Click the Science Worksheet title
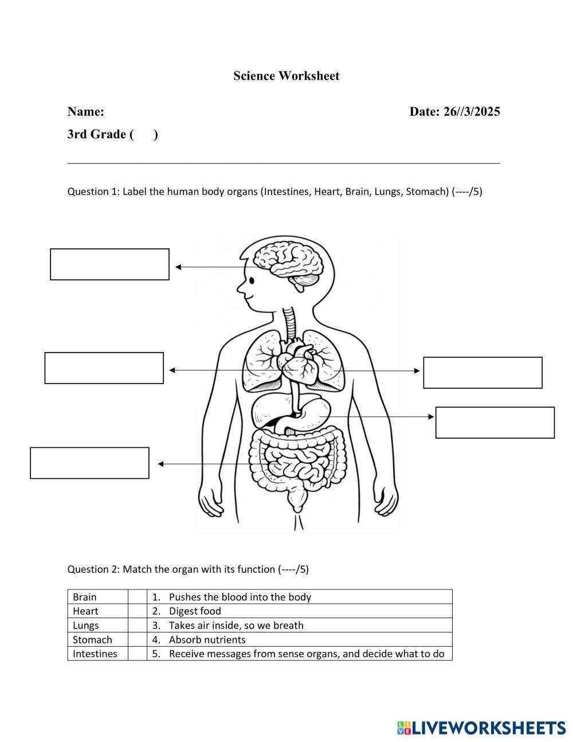click(x=286, y=76)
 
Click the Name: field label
click(x=85, y=111)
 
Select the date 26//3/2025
click(x=471, y=111)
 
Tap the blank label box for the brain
click(x=109, y=264)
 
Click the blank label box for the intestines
click(x=89, y=463)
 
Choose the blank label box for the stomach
click(x=494, y=423)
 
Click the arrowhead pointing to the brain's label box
click(x=178, y=267)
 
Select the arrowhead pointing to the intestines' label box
click(x=161, y=464)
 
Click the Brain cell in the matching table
click(x=85, y=597)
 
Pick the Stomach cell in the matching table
click(x=92, y=639)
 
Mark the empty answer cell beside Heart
click(x=137, y=611)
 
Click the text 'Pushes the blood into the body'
click(x=240, y=597)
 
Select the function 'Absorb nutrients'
click(x=207, y=639)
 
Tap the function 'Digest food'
click(x=195, y=611)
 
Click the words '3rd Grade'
click(x=96, y=134)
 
